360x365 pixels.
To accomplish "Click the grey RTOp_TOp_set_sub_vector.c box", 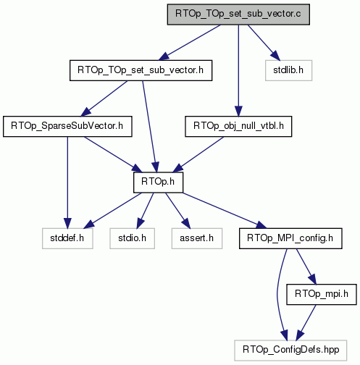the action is [x=238, y=14].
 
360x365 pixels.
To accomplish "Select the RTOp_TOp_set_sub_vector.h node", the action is [x=141, y=70].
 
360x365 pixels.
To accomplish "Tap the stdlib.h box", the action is [x=288, y=70].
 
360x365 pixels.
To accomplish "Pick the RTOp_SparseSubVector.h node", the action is [x=67, y=126].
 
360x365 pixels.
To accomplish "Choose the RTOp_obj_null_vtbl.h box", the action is [x=238, y=126].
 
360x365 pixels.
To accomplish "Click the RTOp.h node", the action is [x=159, y=182].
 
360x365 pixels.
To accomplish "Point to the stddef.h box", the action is [x=67, y=238].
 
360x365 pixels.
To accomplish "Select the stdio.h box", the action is [x=133, y=238].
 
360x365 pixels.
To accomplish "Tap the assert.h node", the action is [x=197, y=238].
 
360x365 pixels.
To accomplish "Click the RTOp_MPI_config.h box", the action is [x=290, y=238].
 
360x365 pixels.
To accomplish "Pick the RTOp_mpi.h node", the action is [x=322, y=294].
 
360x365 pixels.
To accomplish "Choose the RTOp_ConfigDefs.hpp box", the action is [x=290, y=351].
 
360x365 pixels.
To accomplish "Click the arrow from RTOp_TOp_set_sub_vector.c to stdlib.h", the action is [x=264, y=43].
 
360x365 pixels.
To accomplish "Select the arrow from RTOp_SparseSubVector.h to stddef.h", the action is [x=67, y=182].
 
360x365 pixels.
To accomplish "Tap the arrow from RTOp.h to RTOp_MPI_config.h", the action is [x=225, y=211].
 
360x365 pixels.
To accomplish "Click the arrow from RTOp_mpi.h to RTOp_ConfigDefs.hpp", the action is [x=306, y=322].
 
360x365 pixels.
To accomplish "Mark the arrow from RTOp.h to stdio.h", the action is [x=145, y=211].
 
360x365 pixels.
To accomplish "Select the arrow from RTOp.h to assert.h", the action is [x=178, y=211].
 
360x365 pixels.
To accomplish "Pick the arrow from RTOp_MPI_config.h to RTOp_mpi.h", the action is [x=306, y=267].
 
